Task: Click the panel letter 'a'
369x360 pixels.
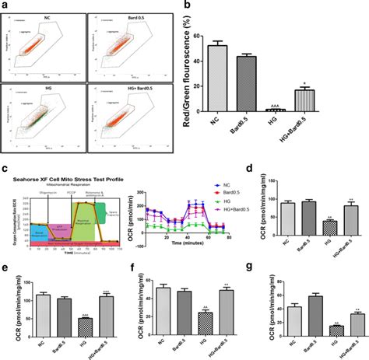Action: tap(6, 5)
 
